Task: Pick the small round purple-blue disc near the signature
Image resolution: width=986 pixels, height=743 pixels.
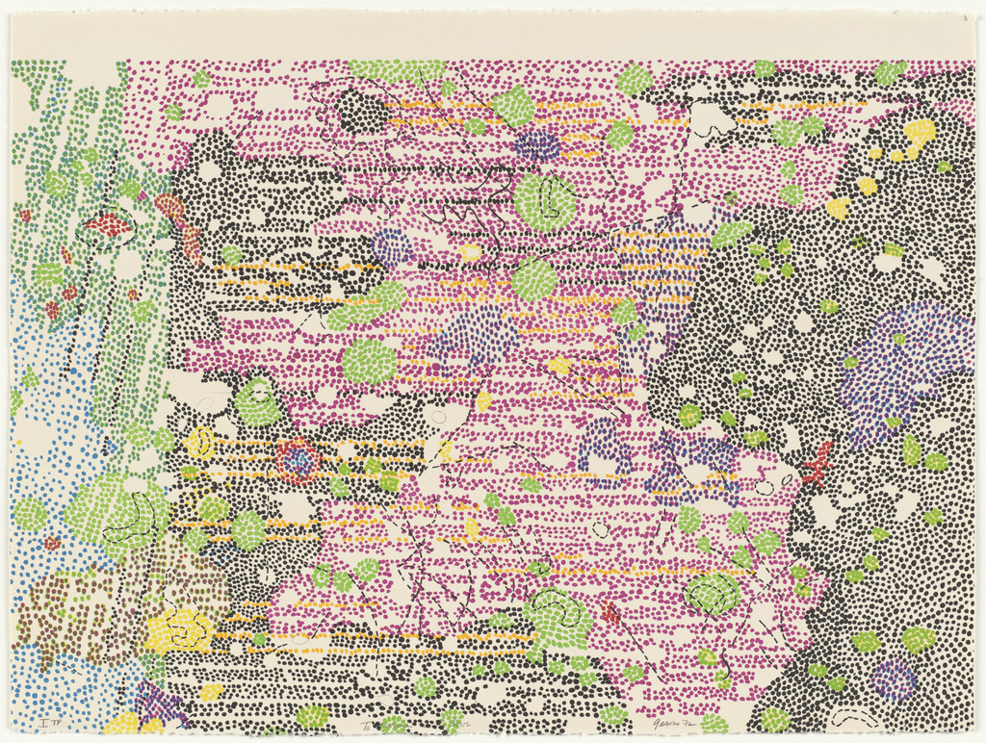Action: pos(894,679)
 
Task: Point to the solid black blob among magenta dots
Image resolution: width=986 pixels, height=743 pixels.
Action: pos(363,113)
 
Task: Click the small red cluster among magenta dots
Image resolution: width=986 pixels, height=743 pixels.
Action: pos(610,612)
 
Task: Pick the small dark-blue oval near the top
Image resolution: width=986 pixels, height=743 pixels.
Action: pos(537,146)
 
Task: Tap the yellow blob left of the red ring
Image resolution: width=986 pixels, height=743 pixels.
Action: pos(199,443)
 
